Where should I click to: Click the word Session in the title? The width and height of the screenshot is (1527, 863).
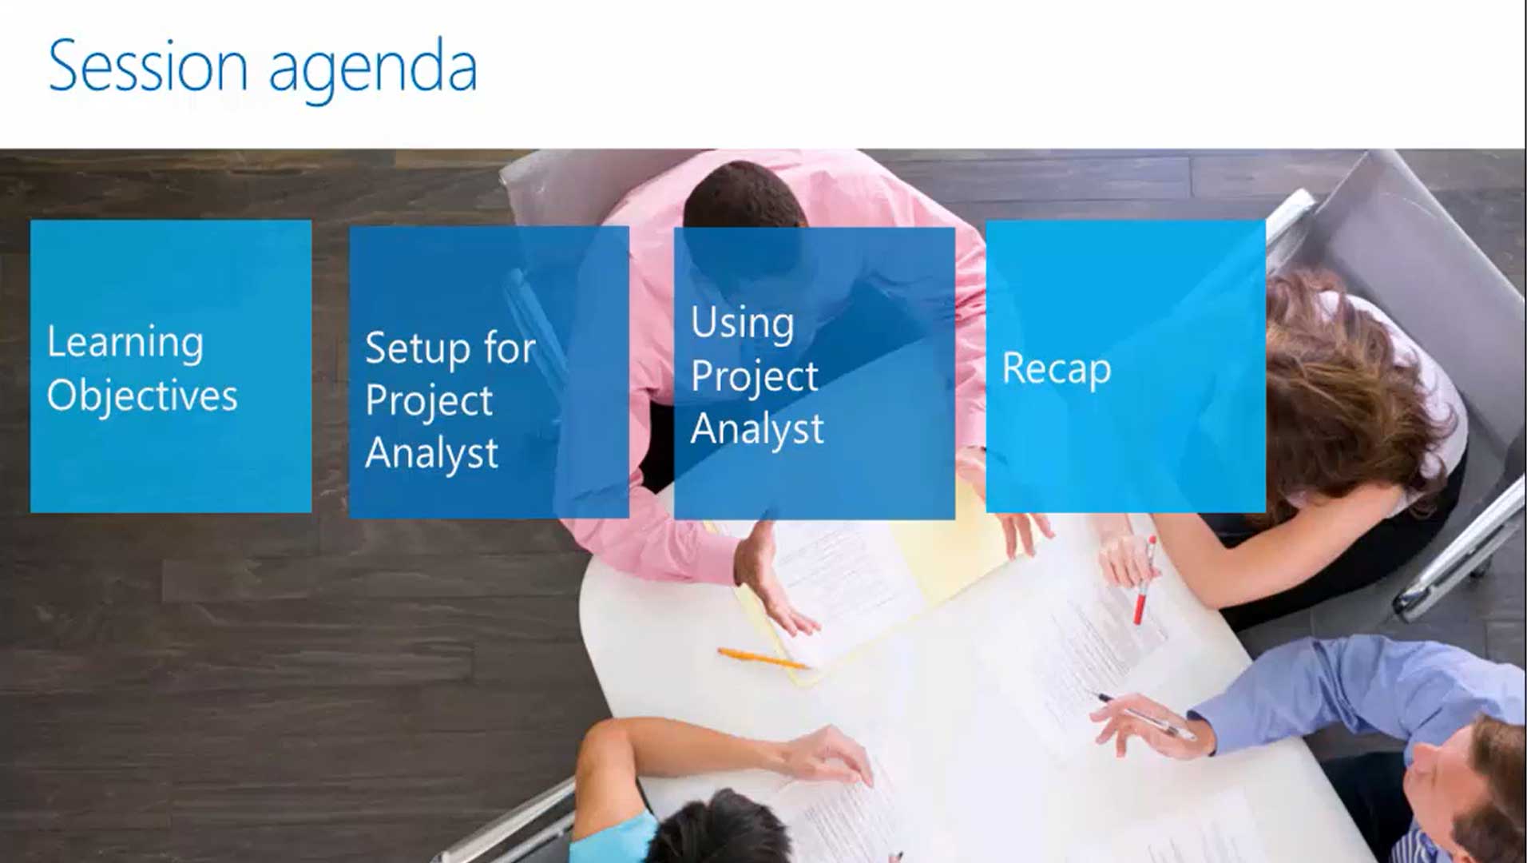click(x=148, y=66)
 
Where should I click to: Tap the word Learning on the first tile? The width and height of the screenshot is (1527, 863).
click(x=125, y=344)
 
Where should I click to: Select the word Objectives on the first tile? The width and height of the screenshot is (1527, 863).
click(x=142, y=396)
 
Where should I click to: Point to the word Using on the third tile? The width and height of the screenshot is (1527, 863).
click(x=743, y=323)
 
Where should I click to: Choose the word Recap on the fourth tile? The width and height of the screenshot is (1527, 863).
click(x=1057, y=369)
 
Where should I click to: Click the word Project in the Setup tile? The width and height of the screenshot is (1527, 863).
click(x=429, y=401)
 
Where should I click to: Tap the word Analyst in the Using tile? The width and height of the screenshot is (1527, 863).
click(x=757, y=430)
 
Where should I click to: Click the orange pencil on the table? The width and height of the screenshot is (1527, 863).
click(x=763, y=658)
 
